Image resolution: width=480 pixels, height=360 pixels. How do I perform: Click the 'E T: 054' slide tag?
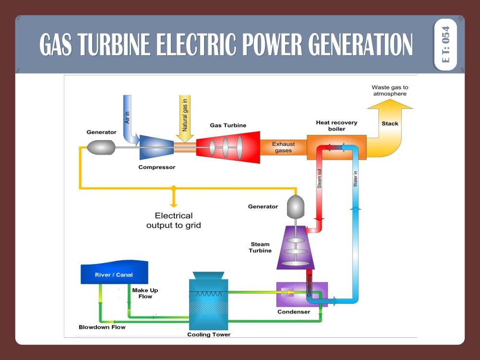pos(445,45)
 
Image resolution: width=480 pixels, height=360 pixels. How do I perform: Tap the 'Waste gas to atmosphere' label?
pos(390,90)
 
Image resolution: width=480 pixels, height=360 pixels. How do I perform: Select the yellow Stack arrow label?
pos(390,124)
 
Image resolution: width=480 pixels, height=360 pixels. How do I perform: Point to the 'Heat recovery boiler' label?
pos(336,126)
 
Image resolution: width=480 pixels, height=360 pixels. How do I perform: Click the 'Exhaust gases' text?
pos(283,147)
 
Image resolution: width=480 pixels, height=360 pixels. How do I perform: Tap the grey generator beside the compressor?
pos(101,147)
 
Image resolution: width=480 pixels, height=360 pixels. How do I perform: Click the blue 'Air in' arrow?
pos(128,118)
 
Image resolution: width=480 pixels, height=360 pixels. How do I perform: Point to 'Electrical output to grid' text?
pos(173,220)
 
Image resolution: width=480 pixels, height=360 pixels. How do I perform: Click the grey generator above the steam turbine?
pos(296,205)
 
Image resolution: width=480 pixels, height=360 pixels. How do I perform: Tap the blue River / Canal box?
pos(114,274)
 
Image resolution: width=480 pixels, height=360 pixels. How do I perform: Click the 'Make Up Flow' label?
pos(145,293)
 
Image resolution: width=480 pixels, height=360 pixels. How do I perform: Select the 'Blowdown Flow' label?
pos(102,327)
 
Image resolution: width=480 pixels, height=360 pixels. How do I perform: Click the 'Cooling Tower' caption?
pos(209,335)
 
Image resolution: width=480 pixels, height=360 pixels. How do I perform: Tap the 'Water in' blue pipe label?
pos(356,179)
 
